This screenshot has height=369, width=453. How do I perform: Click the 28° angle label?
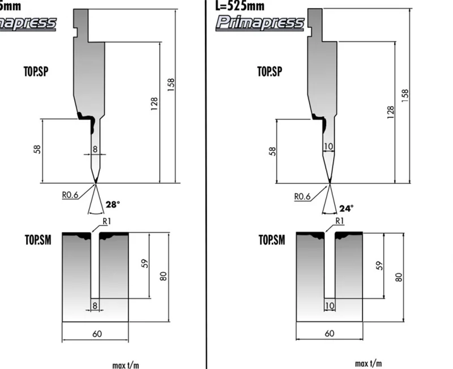[x=113, y=204]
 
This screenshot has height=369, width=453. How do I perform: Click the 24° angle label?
[x=346, y=208]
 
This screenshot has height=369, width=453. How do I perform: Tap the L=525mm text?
[x=240, y=7]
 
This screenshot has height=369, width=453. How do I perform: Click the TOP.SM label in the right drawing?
[x=271, y=239]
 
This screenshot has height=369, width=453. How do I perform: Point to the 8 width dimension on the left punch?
[x=95, y=149]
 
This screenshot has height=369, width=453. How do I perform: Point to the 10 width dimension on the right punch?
[x=328, y=147]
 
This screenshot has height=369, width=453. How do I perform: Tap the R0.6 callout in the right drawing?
[x=303, y=196]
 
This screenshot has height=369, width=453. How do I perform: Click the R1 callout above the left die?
[x=106, y=221]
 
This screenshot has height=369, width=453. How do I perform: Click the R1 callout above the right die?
[x=340, y=221]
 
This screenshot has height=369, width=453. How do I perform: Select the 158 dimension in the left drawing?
[x=171, y=83]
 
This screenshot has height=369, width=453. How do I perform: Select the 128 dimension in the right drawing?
[x=390, y=111]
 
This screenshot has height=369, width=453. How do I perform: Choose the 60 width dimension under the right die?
[x=330, y=333]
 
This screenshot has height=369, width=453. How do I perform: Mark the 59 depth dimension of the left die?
[x=144, y=264]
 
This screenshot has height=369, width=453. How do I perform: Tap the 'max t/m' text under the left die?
[x=125, y=364]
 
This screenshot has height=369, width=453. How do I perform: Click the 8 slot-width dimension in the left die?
[x=95, y=306]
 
